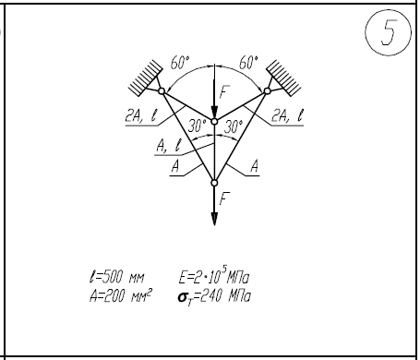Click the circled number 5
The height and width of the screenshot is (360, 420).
click(x=389, y=32)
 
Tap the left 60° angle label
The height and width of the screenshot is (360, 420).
click(x=180, y=63)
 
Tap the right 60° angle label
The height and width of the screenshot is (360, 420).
click(x=249, y=63)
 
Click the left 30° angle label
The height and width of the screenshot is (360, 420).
click(x=198, y=126)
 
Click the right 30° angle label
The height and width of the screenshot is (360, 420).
click(x=234, y=126)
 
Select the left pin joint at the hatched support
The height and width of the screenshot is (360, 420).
click(x=162, y=90)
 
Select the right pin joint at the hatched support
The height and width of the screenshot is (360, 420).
click(x=268, y=90)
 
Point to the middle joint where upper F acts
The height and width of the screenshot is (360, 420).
click(x=214, y=122)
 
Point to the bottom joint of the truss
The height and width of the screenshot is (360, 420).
click(x=214, y=183)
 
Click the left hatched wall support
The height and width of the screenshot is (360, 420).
click(x=146, y=78)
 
